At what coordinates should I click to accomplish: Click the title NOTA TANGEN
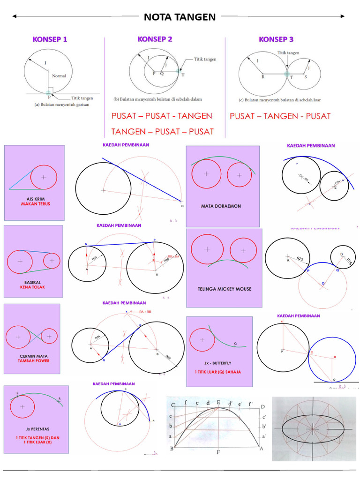pyautogui.click(x=180, y=17)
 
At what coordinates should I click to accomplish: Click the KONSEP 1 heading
pyautogui.click(x=50, y=39)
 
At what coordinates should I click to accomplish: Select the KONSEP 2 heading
pyautogui.click(x=155, y=39)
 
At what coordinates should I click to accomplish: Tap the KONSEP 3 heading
pyautogui.click(x=276, y=39)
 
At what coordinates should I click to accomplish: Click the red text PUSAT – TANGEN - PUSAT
pyautogui.click(x=280, y=116)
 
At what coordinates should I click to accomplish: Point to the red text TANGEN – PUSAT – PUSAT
pyautogui.click(x=162, y=131)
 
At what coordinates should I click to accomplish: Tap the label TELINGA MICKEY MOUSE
pyautogui.click(x=225, y=289)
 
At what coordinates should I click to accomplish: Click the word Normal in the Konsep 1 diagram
pyautogui.click(x=59, y=75)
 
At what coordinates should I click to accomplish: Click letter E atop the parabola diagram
pyautogui.click(x=218, y=402)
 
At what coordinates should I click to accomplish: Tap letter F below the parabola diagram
pyautogui.click(x=218, y=453)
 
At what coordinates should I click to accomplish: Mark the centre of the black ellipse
pyautogui.click(x=313, y=427)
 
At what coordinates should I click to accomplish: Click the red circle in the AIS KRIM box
pyautogui.click(x=44, y=177)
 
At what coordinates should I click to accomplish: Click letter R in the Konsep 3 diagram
pyautogui.click(x=262, y=77)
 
